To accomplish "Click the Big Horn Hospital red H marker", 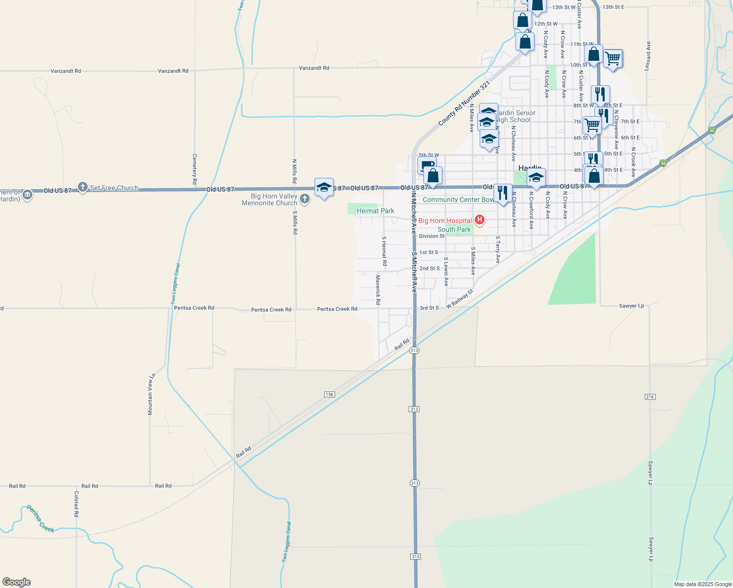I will (x=480, y=220).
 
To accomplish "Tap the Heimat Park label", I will (x=375, y=211).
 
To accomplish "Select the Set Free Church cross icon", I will (x=83, y=187).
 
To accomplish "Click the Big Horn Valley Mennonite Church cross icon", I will (x=305, y=199).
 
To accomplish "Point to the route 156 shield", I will (x=329, y=394).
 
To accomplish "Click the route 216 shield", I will (x=650, y=397).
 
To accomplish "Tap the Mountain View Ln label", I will (x=151, y=394).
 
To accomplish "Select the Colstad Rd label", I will (x=76, y=504).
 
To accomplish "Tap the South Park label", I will (x=454, y=229).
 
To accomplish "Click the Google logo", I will (x=17, y=582).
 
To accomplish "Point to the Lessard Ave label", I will (x=648, y=55).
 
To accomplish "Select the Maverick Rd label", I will (x=378, y=290).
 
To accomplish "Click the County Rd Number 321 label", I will (x=464, y=103).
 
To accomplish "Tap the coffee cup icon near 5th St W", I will (x=426, y=165).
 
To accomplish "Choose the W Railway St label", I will (x=460, y=299).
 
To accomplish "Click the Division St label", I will (x=432, y=236).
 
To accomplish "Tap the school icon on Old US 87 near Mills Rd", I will (x=324, y=187).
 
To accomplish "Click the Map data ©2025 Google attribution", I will (x=703, y=584).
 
